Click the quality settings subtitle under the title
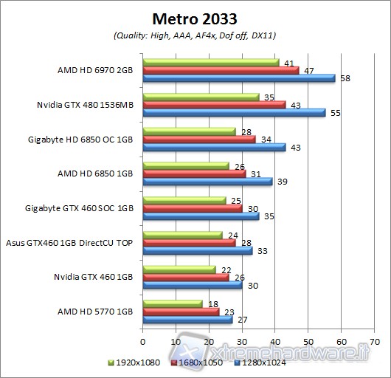(195, 35)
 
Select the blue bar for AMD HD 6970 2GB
(238, 78)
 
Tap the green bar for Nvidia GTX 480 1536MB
(201, 96)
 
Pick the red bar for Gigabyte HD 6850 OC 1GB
(199, 139)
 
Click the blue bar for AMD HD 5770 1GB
(187, 320)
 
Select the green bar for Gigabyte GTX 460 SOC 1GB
(184, 199)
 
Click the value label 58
(343, 78)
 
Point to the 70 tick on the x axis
(374, 341)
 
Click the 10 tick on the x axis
(176, 341)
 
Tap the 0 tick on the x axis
(142, 341)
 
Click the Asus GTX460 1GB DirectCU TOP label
(70, 242)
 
